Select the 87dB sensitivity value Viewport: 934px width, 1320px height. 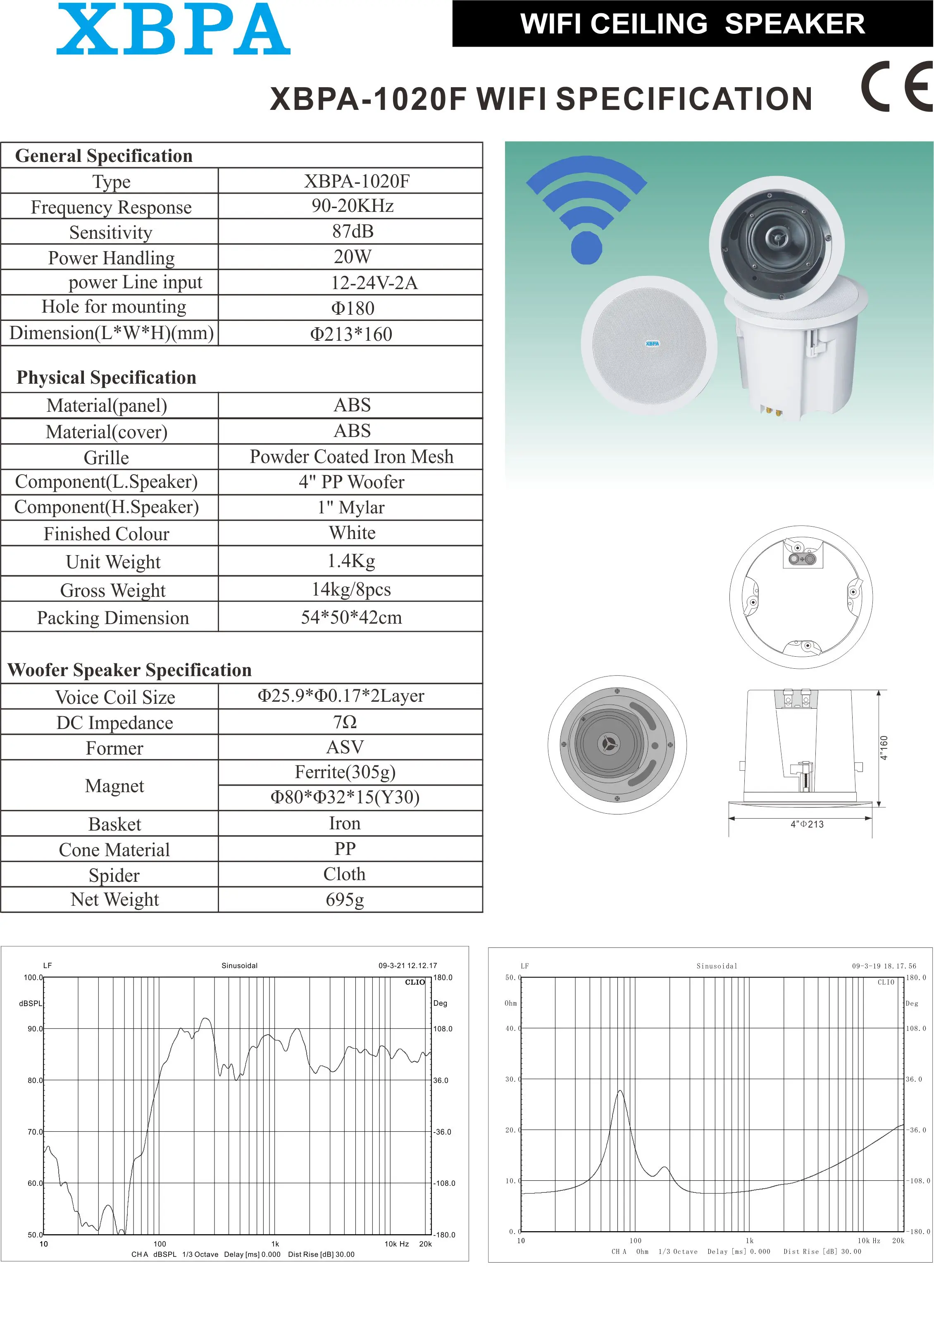353,231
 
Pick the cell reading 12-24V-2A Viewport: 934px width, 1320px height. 374,282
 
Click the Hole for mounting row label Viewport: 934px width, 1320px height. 114,307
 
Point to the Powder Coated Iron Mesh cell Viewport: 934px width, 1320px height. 351,456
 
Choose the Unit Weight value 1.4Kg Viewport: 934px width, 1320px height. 351,560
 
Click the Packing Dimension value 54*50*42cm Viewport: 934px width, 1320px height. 351,617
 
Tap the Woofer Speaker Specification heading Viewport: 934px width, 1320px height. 130,670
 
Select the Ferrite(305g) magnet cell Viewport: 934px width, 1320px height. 345,772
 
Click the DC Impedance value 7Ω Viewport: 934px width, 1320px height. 345,722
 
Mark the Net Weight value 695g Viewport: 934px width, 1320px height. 345,900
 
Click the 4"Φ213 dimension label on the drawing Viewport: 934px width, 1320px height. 807,824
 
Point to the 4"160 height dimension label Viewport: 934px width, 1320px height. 884,748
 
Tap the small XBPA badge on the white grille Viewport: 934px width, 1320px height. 652,344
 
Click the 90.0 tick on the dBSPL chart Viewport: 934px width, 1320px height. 35,1028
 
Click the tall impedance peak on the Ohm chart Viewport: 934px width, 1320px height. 620,1091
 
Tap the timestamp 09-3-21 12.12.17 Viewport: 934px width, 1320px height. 408,965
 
